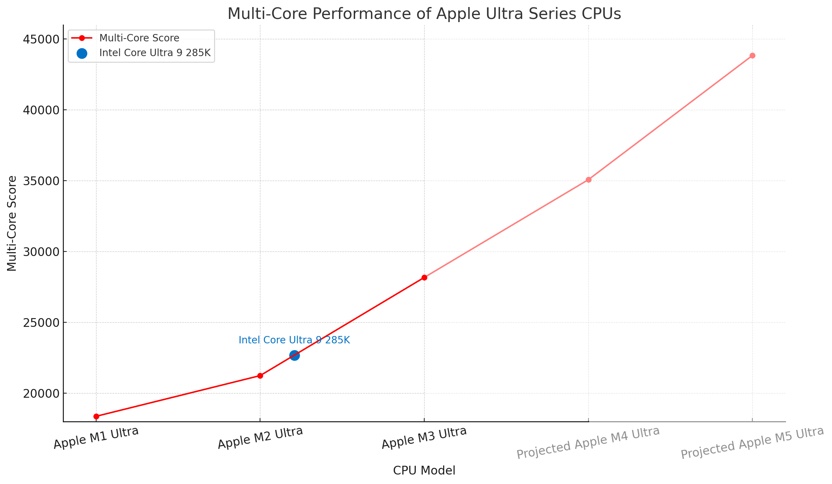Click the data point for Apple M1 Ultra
click(96, 416)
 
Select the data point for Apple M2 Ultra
click(260, 376)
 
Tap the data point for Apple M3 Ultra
click(424, 277)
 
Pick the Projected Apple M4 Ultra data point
click(588, 180)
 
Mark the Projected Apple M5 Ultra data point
click(752, 55)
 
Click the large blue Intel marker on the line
click(294, 355)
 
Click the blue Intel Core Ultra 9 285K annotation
click(294, 340)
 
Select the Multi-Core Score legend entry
click(139, 38)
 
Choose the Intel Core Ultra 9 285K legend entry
click(154, 53)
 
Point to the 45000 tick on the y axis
click(40, 39)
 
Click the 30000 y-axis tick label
click(40, 252)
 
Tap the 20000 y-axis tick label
click(40, 394)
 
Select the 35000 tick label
click(40, 181)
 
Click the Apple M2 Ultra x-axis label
click(260, 438)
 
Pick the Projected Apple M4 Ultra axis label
click(588, 442)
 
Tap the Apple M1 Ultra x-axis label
click(96, 438)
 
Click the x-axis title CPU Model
click(424, 471)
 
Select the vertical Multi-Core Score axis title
click(12, 223)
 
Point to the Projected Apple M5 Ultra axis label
click(752, 442)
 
